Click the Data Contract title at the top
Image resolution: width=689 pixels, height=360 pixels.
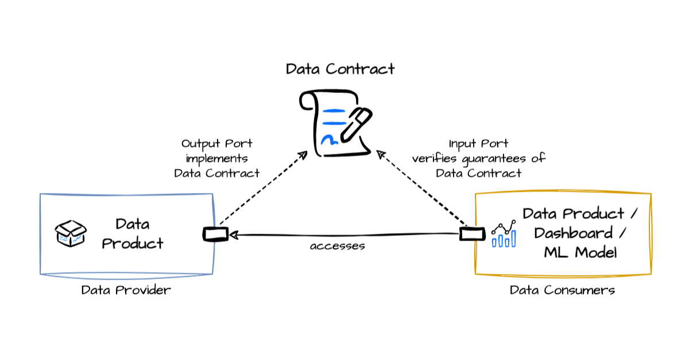point(340,69)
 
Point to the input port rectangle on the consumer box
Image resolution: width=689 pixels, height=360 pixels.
point(468,234)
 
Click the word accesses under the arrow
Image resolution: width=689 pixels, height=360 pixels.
point(338,247)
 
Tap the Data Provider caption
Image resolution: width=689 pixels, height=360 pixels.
point(126,290)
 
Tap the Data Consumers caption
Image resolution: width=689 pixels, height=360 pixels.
point(562,290)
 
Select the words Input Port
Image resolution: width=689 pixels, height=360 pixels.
point(478,144)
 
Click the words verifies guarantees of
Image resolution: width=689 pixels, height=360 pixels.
point(478,158)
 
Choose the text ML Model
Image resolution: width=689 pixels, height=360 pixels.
point(580,253)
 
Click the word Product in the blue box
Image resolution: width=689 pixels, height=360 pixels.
point(133,243)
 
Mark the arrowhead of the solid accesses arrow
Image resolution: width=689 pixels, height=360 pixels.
point(233,234)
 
